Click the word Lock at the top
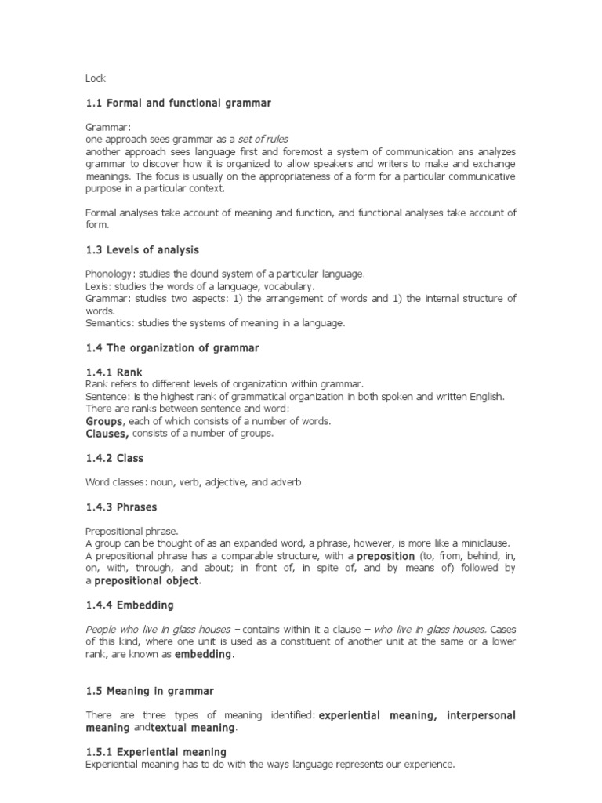pos(95,78)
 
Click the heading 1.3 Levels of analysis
pos(142,250)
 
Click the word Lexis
pos(96,286)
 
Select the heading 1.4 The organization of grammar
pos(172,347)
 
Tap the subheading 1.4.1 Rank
pos(114,372)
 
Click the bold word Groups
pos(104,421)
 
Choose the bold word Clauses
pos(107,434)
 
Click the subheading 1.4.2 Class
pos(114,458)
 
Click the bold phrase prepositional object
pos(147,581)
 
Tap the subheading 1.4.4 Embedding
pos(129,605)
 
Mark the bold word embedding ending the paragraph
pos(203,655)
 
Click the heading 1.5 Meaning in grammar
pos(149,691)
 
